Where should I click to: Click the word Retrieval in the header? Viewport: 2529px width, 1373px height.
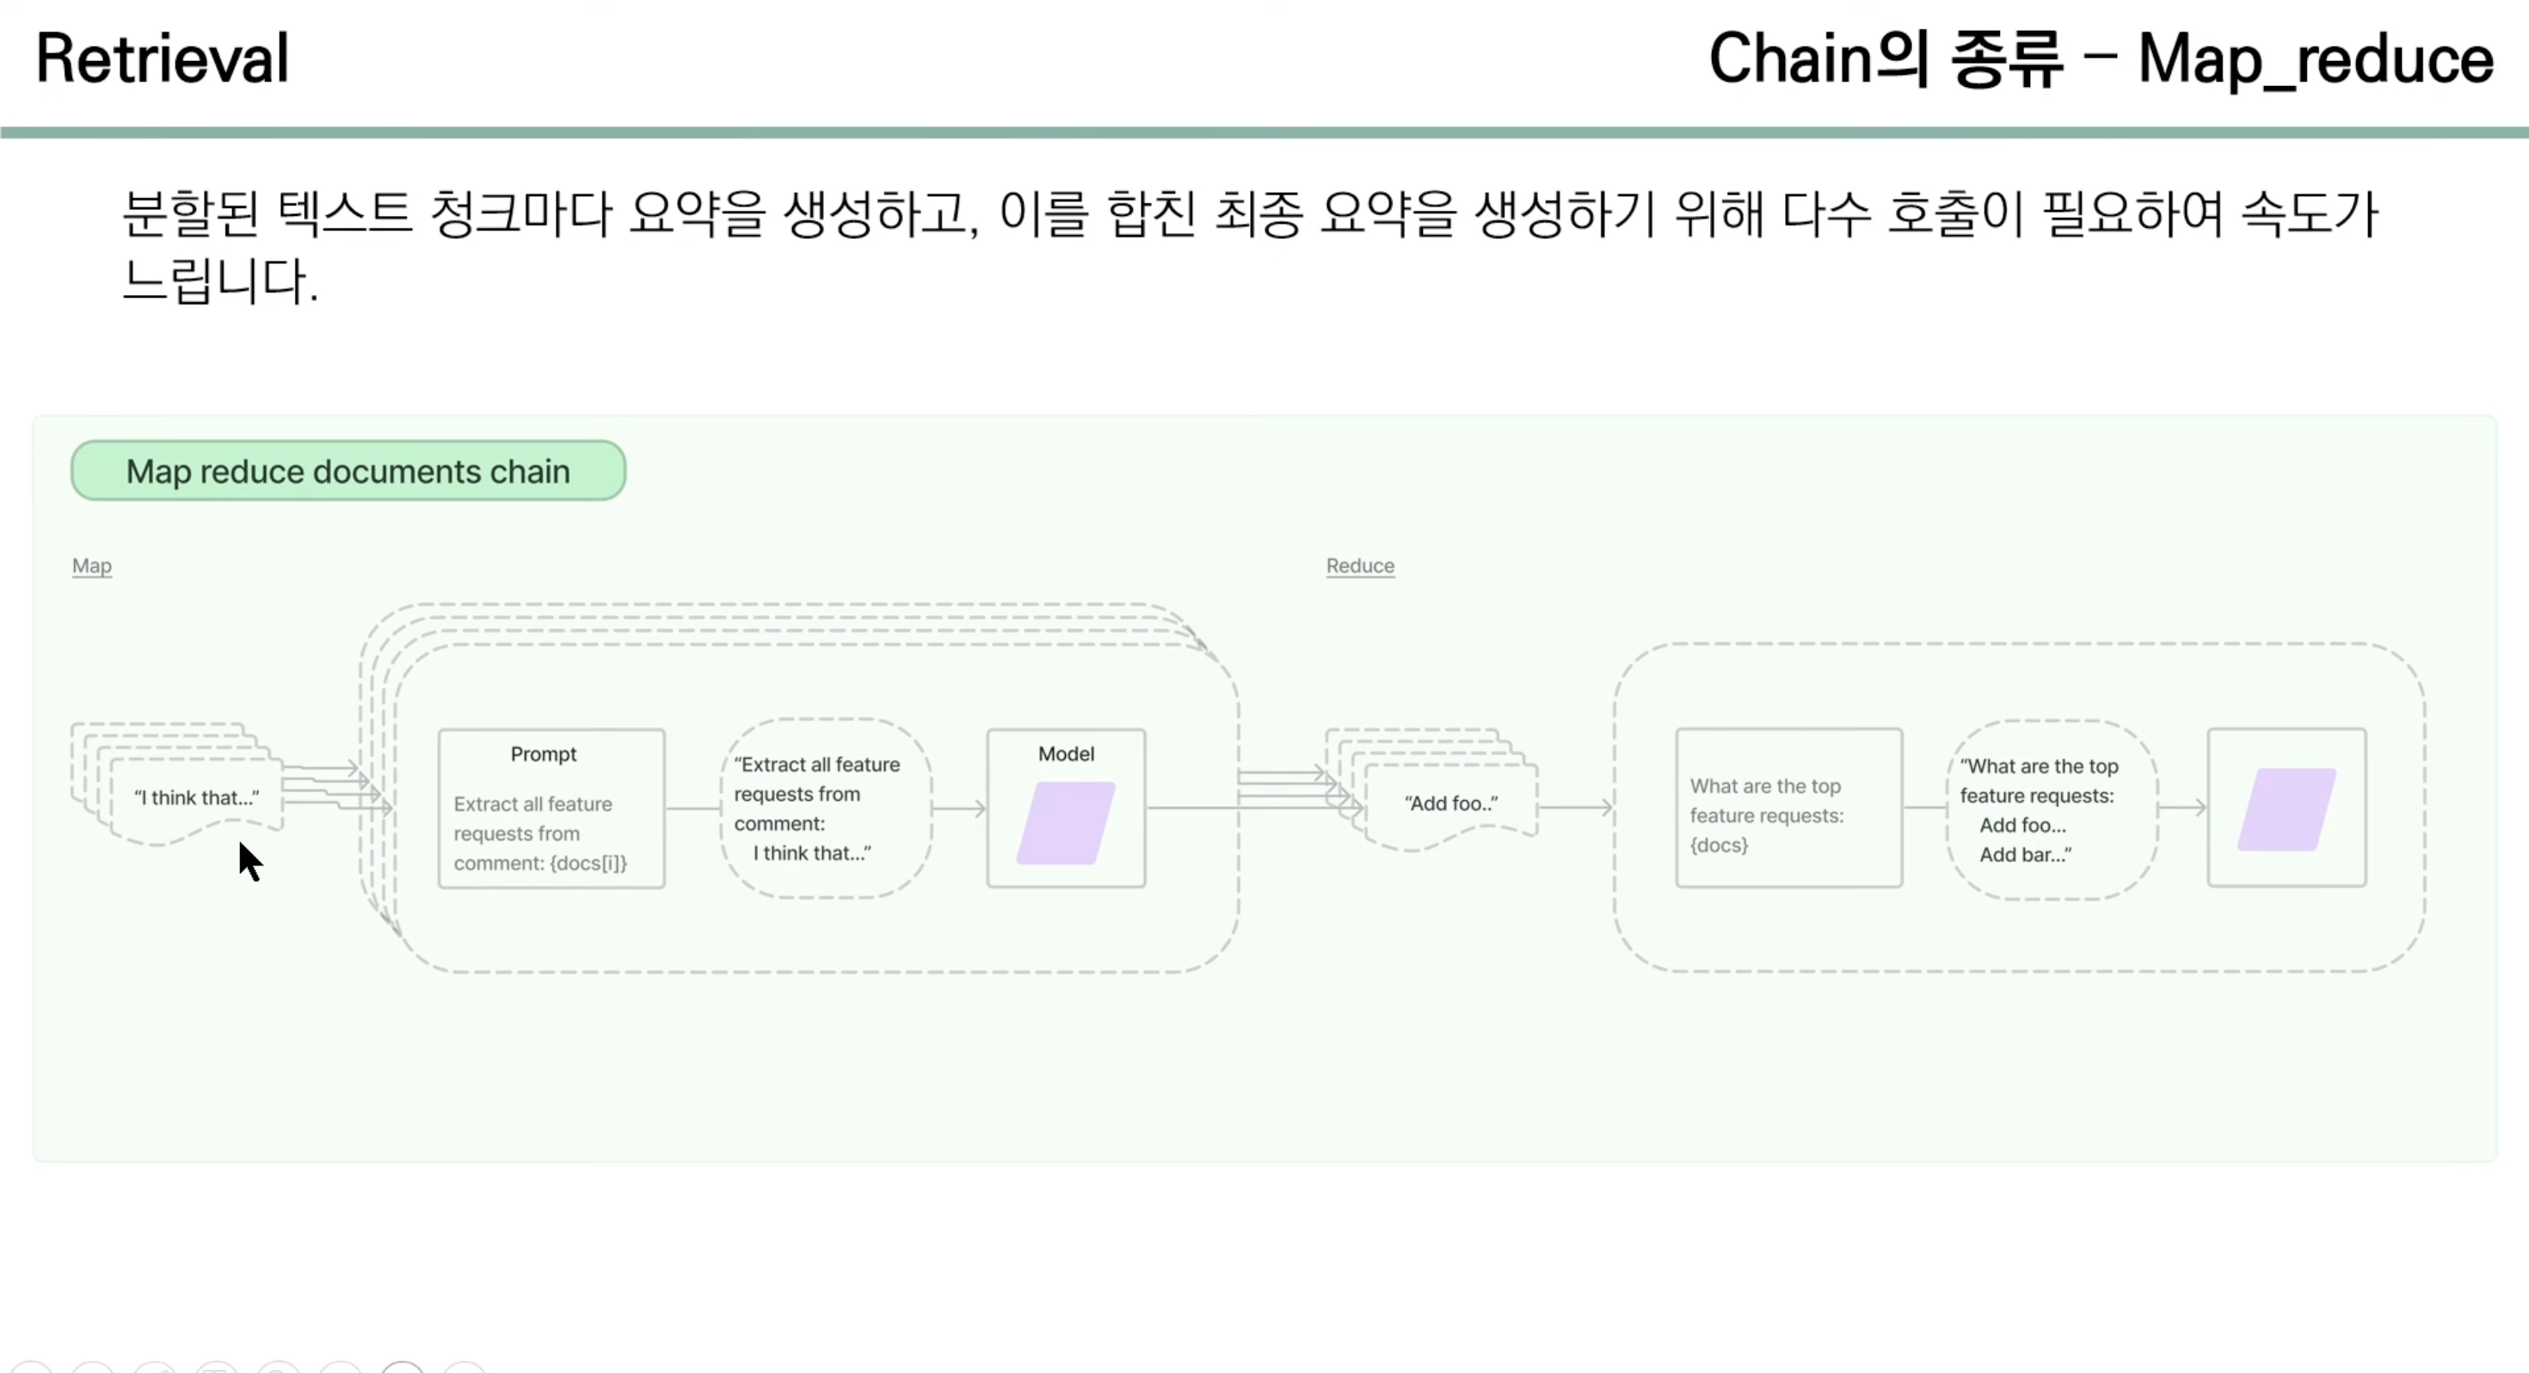click(162, 58)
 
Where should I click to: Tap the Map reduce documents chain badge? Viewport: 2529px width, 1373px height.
click(348, 471)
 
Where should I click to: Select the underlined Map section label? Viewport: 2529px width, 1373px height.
click(91, 566)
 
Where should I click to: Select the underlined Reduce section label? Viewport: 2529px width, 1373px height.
click(1360, 566)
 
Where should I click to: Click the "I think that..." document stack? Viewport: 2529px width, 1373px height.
click(196, 797)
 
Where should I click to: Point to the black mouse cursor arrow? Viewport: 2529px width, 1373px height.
click(249, 859)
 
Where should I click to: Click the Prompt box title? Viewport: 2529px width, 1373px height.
click(543, 754)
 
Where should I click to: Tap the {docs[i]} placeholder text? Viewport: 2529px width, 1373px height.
click(588, 863)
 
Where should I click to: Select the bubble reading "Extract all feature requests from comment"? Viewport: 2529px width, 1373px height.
click(825, 807)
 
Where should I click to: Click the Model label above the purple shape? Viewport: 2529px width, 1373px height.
click(1065, 754)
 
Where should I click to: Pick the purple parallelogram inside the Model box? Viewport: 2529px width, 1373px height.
click(1065, 823)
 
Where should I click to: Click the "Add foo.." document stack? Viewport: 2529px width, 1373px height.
click(1450, 803)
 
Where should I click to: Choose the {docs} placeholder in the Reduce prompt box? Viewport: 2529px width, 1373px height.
click(1718, 845)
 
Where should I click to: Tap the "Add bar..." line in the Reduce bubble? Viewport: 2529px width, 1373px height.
click(2024, 854)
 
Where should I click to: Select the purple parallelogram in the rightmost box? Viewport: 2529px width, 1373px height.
click(2286, 810)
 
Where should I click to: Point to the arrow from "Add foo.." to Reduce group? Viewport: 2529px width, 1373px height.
click(1577, 807)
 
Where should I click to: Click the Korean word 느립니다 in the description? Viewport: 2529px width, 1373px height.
click(216, 281)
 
